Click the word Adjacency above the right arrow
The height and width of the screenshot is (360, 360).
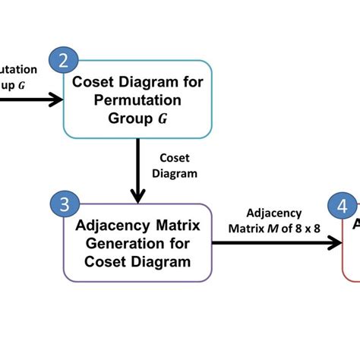[274, 213]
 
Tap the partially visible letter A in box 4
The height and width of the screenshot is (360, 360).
[353, 225]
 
